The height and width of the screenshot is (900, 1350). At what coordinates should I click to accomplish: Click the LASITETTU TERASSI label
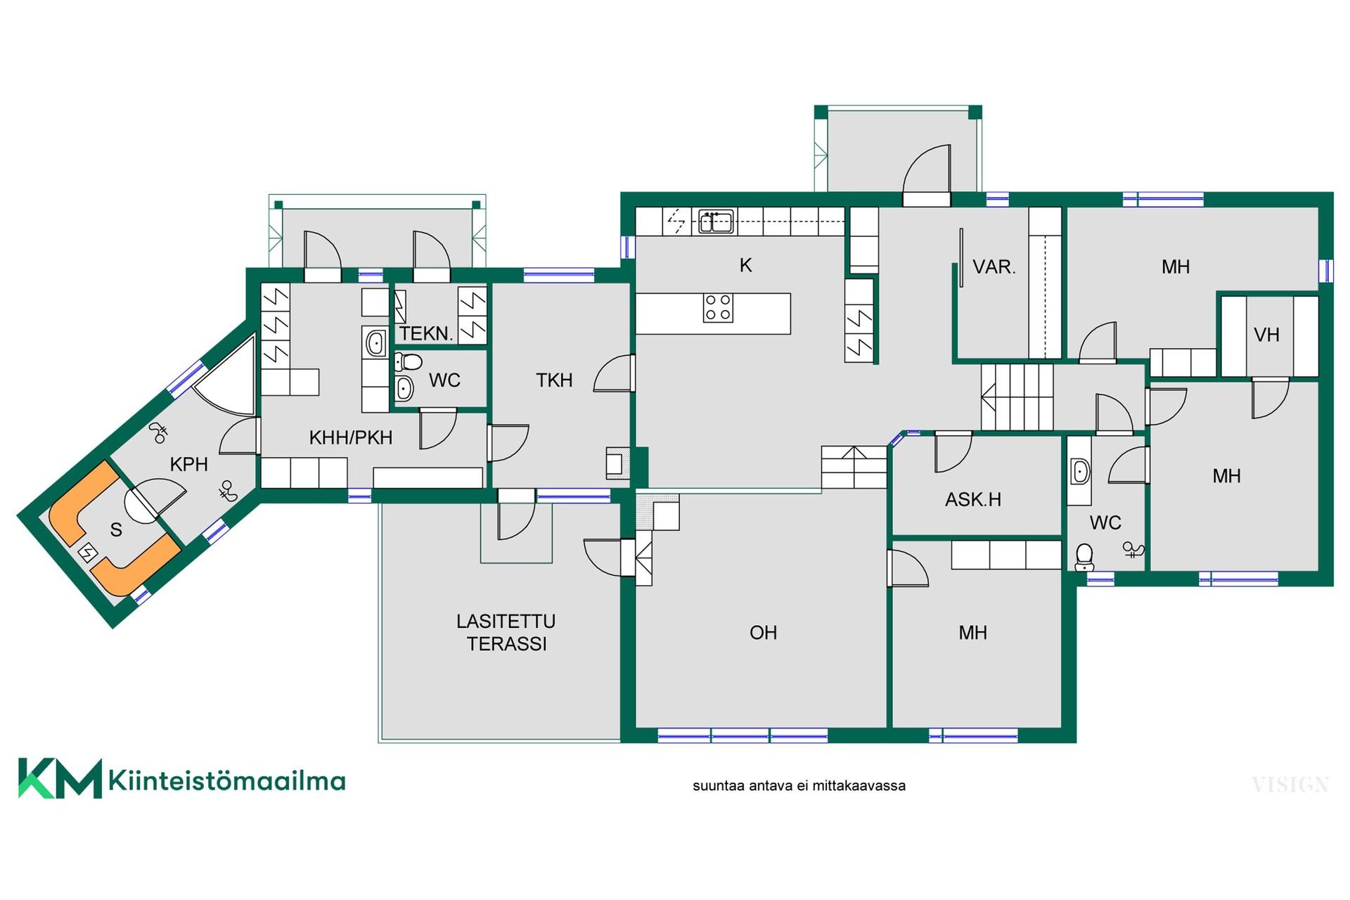pyautogui.click(x=506, y=632)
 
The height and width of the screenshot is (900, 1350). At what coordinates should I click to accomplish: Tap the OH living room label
pyautogui.click(x=763, y=633)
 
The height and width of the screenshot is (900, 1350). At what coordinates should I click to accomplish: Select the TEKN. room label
pyautogui.click(x=426, y=333)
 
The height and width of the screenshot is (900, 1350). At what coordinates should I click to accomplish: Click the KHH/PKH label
pyautogui.click(x=351, y=437)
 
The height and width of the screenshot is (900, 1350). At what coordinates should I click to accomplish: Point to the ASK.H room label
pyautogui.click(x=973, y=500)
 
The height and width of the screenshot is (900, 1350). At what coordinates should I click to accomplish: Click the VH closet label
pyautogui.click(x=1266, y=335)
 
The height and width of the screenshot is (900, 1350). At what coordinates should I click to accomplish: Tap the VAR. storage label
pyautogui.click(x=994, y=267)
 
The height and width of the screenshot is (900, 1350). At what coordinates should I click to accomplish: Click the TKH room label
pyautogui.click(x=554, y=380)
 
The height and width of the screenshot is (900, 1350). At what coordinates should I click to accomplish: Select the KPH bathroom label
pyautogui.click(x=189, y=464)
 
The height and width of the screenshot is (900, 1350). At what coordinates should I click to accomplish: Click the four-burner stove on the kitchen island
pyautogui.click(x=718, y=308)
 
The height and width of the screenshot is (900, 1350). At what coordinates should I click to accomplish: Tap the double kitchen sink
pyautogui.click(x=716, y=221)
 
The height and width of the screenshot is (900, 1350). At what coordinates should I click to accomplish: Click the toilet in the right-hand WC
pyautogui.click(x=1084, y=557)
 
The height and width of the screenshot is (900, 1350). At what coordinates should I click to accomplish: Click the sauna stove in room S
pyautogui.click(x=87, y=553)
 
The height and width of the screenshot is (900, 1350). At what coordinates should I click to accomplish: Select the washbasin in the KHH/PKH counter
pyautogui.click(x=375, y=344)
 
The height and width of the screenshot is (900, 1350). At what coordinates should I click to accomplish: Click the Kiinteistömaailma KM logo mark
pyautogui.click(x=60, y=778)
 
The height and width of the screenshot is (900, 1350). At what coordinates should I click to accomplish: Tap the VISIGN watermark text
pyautogui.click(x=1290, y=785)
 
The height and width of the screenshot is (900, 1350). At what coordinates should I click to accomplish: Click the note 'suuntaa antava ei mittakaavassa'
pyautogui.click(x=799, y=786)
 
